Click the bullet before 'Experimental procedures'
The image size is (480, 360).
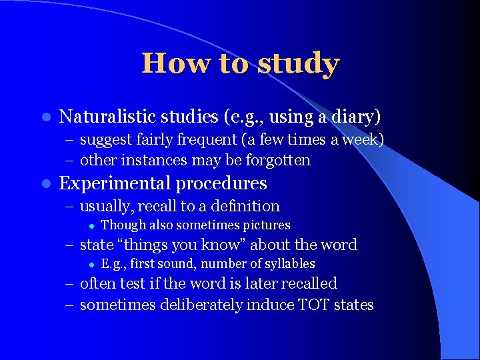(44, 183)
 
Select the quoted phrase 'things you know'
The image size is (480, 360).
(181, 245)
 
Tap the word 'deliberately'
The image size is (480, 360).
(196, 305)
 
